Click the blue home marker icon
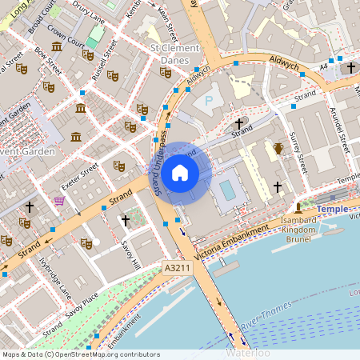[x=180, y=173]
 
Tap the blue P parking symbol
[x=210, y=101]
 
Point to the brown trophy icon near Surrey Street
[x=278, y=148]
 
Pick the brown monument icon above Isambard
[x=298, y=207]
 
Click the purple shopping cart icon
[x=58, y=201]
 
